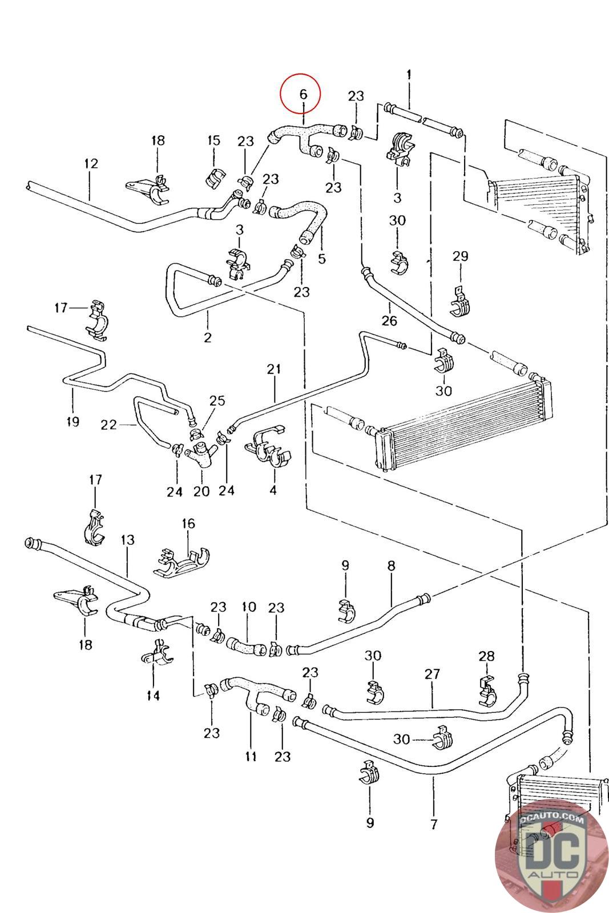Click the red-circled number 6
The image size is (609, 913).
[x=303, y=95]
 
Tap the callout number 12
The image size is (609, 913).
[x=91, y=163]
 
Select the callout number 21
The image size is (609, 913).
[x=274, y=369]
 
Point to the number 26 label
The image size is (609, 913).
[x=389, y=320]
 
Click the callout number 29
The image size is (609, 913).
[x=460, y=256]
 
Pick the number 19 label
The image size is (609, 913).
[x=72, y=422]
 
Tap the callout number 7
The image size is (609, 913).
[x=434, y=824]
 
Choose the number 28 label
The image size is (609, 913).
[x=487, y=656]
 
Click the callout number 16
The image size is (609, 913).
[x=188, y=523]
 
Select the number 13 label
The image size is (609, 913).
[x=128, y=540]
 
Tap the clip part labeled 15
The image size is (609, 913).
[x=215, y=178]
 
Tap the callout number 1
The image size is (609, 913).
[x=409, y=75]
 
